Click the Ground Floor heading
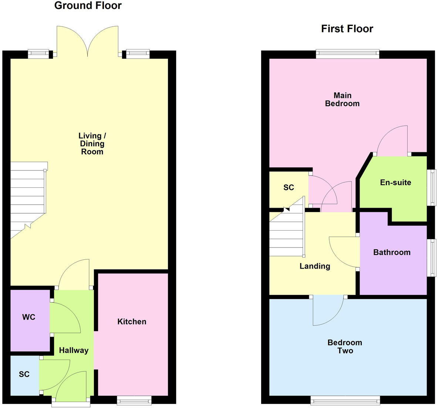[x=88, y=6]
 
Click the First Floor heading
[x=347, y=29]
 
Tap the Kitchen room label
[x=132, y=322]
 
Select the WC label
[x=29, y=317]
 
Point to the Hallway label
[x=74, y=350]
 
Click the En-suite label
[x=395, y=183]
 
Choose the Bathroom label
[x=392, y=252]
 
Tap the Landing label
[x=315, y=266]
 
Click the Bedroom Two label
[x=345, y=347]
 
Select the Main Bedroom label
[x=342, y=99]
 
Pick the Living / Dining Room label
[x=92, y=144]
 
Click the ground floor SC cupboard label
[x=24, y=374]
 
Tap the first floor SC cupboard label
[x=289, y=187]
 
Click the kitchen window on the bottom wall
[x=134, y=400]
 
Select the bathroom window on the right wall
[x=431, y=257]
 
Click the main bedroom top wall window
[x=348, y=54]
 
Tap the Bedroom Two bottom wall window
[x=345, y=400]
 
